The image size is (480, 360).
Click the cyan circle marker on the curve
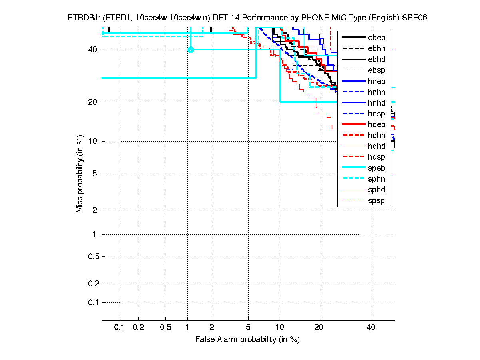pos(191,50)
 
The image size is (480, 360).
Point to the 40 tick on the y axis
pos(92,50)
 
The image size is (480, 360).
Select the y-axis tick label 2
pos(94,210)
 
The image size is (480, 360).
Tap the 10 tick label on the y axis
pos(92,141)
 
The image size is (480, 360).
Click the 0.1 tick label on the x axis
pos(120,328)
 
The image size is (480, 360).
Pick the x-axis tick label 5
pos(248,328)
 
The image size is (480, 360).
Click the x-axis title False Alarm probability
pos(247,340)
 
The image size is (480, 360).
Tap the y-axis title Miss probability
pos(80,174)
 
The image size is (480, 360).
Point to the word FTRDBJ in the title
pos(82,18)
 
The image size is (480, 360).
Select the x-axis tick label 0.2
pos(138,328)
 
